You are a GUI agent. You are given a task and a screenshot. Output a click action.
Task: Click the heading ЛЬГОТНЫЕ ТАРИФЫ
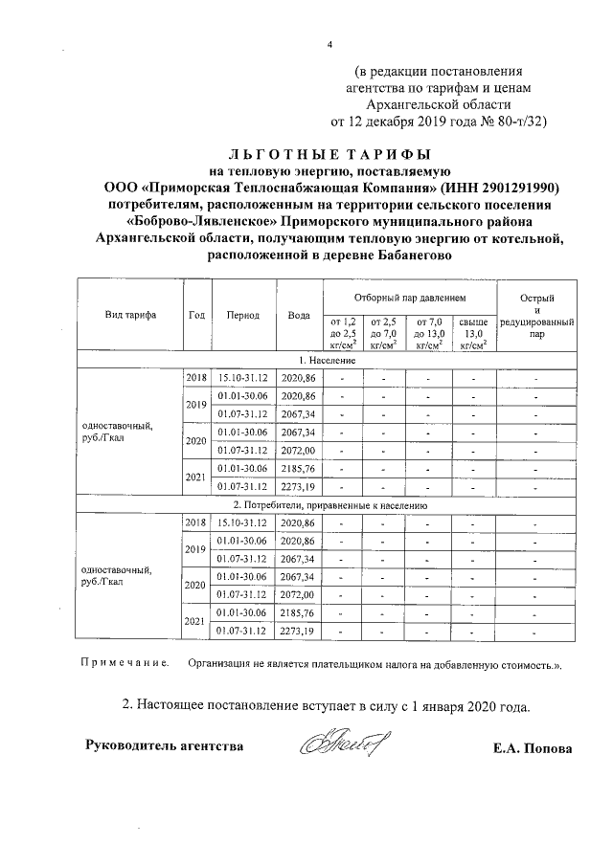click(329, 154)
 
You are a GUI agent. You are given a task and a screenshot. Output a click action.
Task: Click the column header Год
click(196, 315)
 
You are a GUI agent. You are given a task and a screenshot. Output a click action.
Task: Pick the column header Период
click(243, 315)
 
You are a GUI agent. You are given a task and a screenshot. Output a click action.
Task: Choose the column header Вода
click(298, 315)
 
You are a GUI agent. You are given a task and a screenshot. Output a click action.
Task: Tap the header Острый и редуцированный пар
click(537, 317)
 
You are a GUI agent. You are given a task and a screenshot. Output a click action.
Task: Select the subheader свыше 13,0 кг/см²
click(473, 333)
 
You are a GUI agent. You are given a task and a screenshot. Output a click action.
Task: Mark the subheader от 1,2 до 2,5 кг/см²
click(343, 333)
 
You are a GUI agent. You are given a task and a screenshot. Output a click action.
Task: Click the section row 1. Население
click(329, 360)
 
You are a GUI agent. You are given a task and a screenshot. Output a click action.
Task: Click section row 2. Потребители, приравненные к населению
click(329, 504)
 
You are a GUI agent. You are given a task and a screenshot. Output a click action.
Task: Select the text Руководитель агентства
click(165, 745)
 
